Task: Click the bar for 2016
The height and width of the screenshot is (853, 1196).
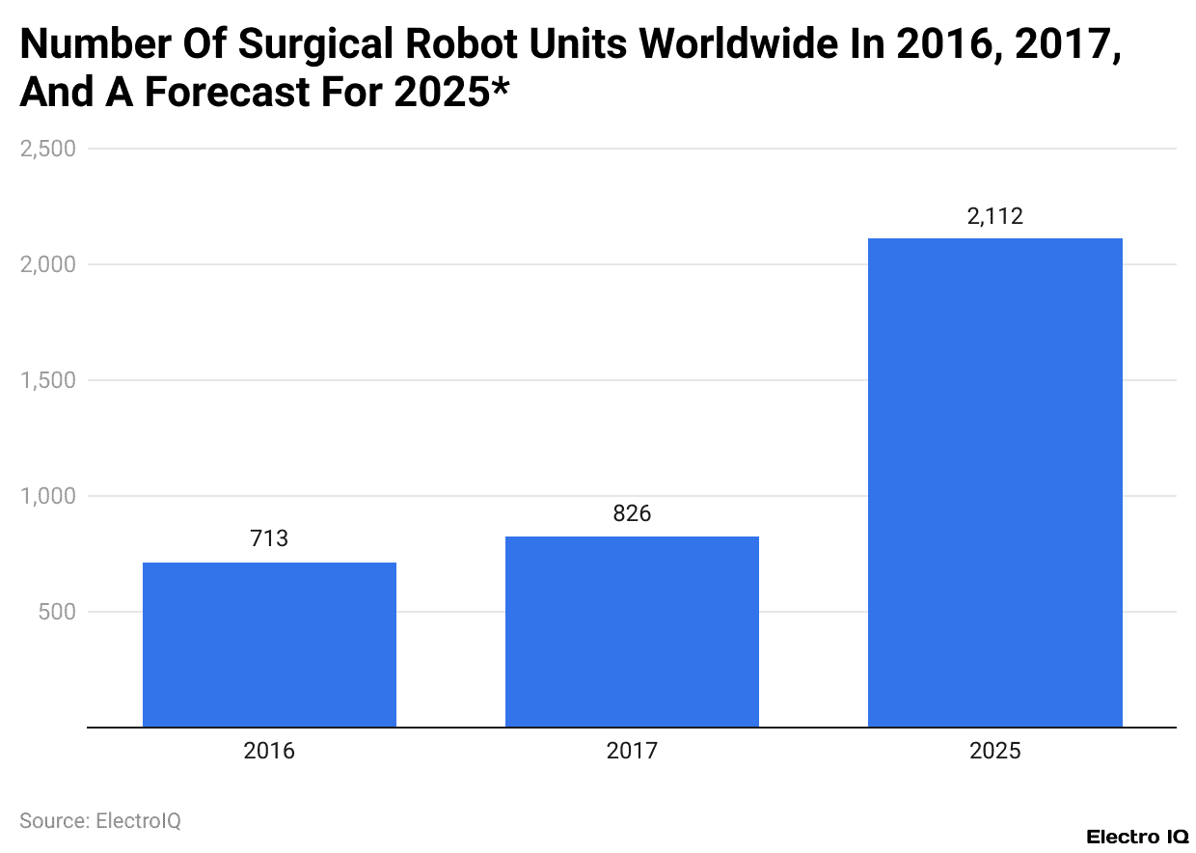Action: click(269, 645)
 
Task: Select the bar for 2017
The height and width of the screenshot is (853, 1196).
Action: click(632, 631)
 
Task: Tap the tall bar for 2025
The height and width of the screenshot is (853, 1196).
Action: click(994, 482)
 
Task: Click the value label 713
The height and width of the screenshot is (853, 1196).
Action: click(269, 538)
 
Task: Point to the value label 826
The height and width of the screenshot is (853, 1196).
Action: click(632, 513)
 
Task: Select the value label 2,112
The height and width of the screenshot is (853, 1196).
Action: click(994, 216)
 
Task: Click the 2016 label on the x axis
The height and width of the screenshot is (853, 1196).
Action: click(269, 752)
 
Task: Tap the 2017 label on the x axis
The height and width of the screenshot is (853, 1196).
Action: click(632, 752)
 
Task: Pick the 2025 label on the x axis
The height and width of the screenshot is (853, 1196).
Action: click(994, 752)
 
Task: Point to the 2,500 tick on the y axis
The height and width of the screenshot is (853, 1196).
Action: click(47, 149)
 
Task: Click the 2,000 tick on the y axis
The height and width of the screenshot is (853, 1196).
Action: click(47, 264)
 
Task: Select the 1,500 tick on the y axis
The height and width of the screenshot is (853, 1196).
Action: click(47, 380)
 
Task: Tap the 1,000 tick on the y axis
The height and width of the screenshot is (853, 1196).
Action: click(47, 496)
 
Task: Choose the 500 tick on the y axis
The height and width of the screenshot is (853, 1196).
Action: click(57, 612)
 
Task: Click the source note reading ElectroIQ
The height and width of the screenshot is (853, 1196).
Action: click(100, 820)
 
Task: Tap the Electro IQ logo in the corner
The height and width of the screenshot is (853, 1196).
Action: click(1137, 837)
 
